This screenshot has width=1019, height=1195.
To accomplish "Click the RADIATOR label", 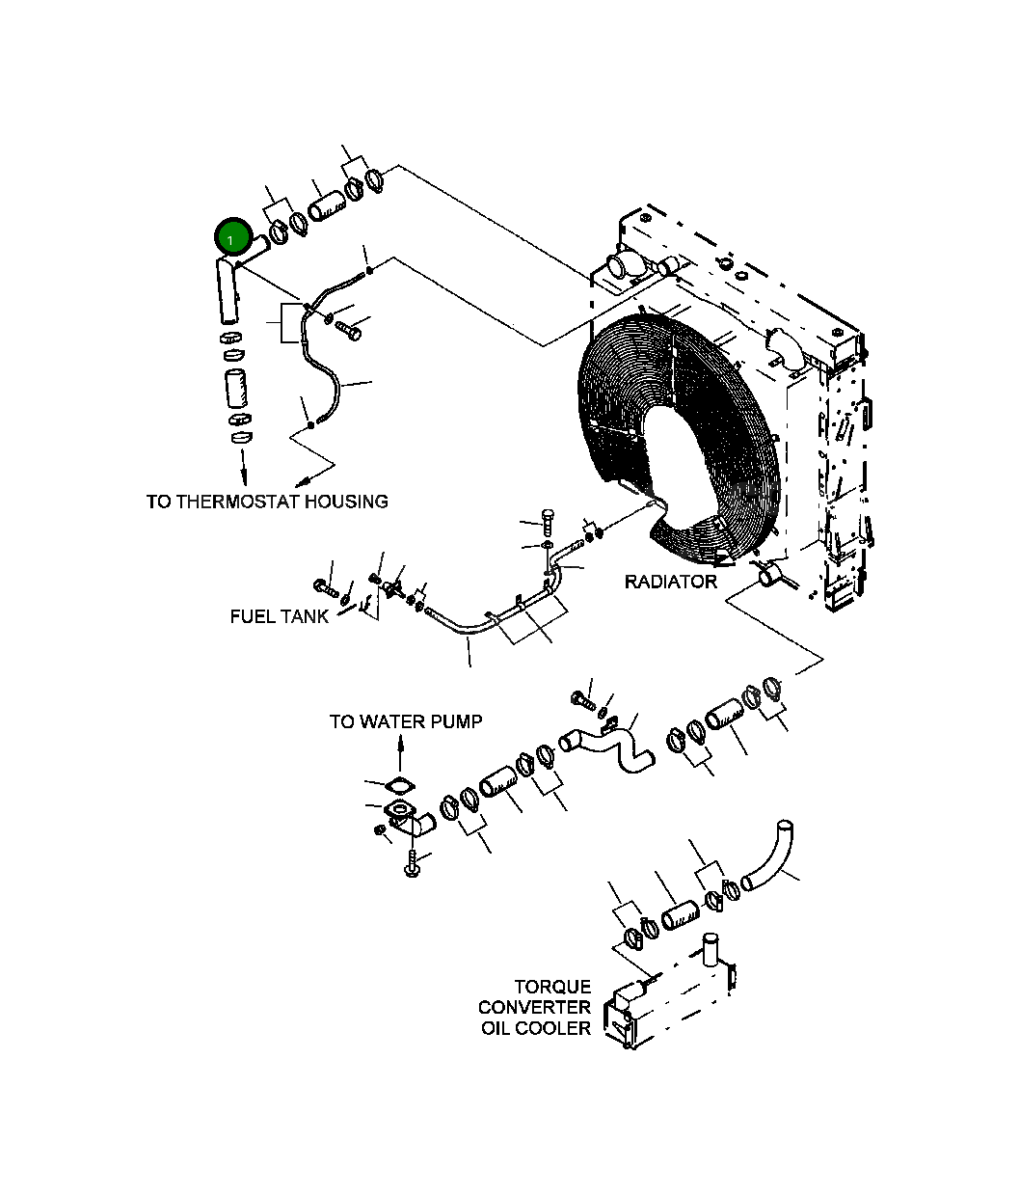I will pyautogui.click(x=670, y=582).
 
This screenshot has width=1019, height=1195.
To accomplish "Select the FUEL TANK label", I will pyautogui.click(x=280, y=616).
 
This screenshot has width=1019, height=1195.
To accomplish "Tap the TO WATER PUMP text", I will pyautogui.click(x=405, y=721).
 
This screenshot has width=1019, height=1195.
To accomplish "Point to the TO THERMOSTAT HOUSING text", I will pyautogui.click(x=267, y=502).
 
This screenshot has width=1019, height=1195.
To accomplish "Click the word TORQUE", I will pyautogui.click(x=552, y=987).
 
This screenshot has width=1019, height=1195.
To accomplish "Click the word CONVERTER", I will pyautogui.click(x=534, y=1008).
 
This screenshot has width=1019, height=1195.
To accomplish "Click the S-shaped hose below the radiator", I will pyautogui.click(x=607, y=747).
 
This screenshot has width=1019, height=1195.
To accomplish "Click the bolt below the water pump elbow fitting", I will pyautogui.click(x=413, y=863).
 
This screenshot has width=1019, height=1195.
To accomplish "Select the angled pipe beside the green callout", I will pyautogui.click(x=227, y=289).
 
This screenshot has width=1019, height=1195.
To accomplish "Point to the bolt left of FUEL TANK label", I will pyautogui.click(x=323, y=585).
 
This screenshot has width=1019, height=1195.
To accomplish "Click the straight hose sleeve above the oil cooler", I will pyautogui.click(x=680, y=914).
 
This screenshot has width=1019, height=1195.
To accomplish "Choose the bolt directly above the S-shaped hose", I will pyautogui.click(x=583, y=698).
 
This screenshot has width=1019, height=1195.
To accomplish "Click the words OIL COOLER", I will pyautogui.click(x=536, y=1029).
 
